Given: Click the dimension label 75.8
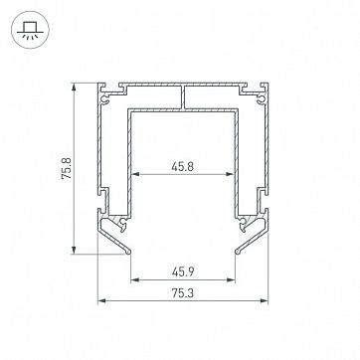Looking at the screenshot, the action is pos(67,168).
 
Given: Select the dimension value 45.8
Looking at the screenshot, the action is pos(182,167).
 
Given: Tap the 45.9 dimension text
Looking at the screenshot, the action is pos(183,272).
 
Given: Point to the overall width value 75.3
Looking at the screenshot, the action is pos(183,293).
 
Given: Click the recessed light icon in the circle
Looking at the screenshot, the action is pos(30,30).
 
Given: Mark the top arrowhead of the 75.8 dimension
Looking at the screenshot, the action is pos(74,87).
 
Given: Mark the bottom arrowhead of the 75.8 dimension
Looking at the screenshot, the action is pos(74,250).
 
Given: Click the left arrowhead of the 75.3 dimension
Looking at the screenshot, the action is pos(102,301).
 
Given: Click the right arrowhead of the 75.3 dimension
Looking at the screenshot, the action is pos(264,301).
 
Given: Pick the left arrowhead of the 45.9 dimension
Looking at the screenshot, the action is pos(135,280).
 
